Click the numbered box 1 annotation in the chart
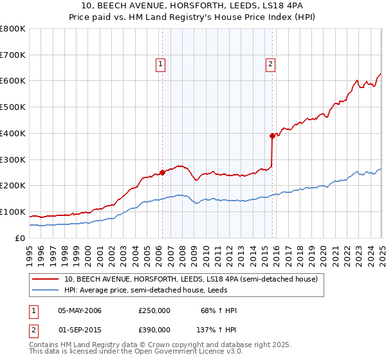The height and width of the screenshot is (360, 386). (160, 64)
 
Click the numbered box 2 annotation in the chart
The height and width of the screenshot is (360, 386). (270, 64)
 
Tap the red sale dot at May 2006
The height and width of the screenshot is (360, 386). (162, 172)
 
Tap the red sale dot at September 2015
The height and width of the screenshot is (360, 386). (272, 136)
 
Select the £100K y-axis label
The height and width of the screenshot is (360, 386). (13, 212)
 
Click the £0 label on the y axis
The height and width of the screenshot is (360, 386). (21, 238)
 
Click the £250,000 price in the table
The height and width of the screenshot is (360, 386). (154, 310)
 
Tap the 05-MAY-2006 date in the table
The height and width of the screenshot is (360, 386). (80, 310)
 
